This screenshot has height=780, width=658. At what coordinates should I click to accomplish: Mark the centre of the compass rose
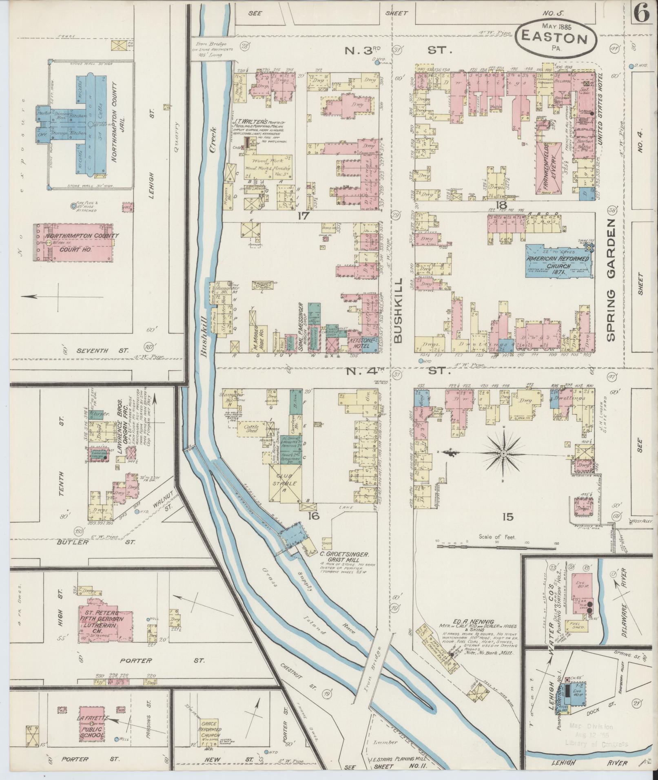[504, 453]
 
